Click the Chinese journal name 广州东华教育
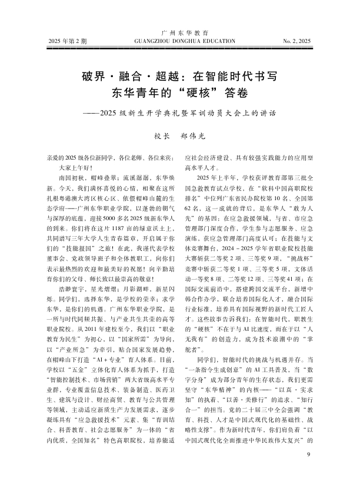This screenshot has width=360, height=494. [x=180, y=34]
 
